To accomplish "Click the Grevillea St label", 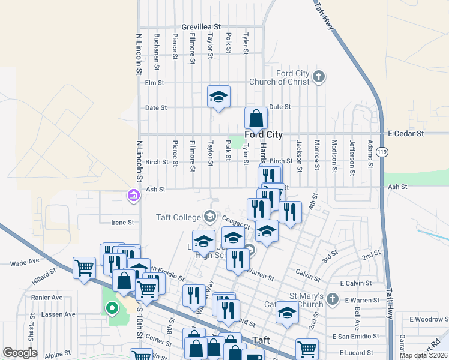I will coord(202,27).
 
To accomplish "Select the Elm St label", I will coord(155,82).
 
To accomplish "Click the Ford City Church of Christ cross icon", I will coord(319,76).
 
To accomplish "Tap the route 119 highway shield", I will coord(382,152).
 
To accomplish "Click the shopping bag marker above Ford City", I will coord(256,118).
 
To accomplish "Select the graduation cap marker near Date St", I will coord(219,96).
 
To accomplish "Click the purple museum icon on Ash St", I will coord(133,195).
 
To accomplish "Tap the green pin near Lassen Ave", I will coord(111,309).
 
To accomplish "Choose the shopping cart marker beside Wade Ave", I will coord(84,267).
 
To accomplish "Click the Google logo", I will coord(20,353).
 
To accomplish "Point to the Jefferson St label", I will coord(352,154).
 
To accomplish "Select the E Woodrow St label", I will coord(429,319).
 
